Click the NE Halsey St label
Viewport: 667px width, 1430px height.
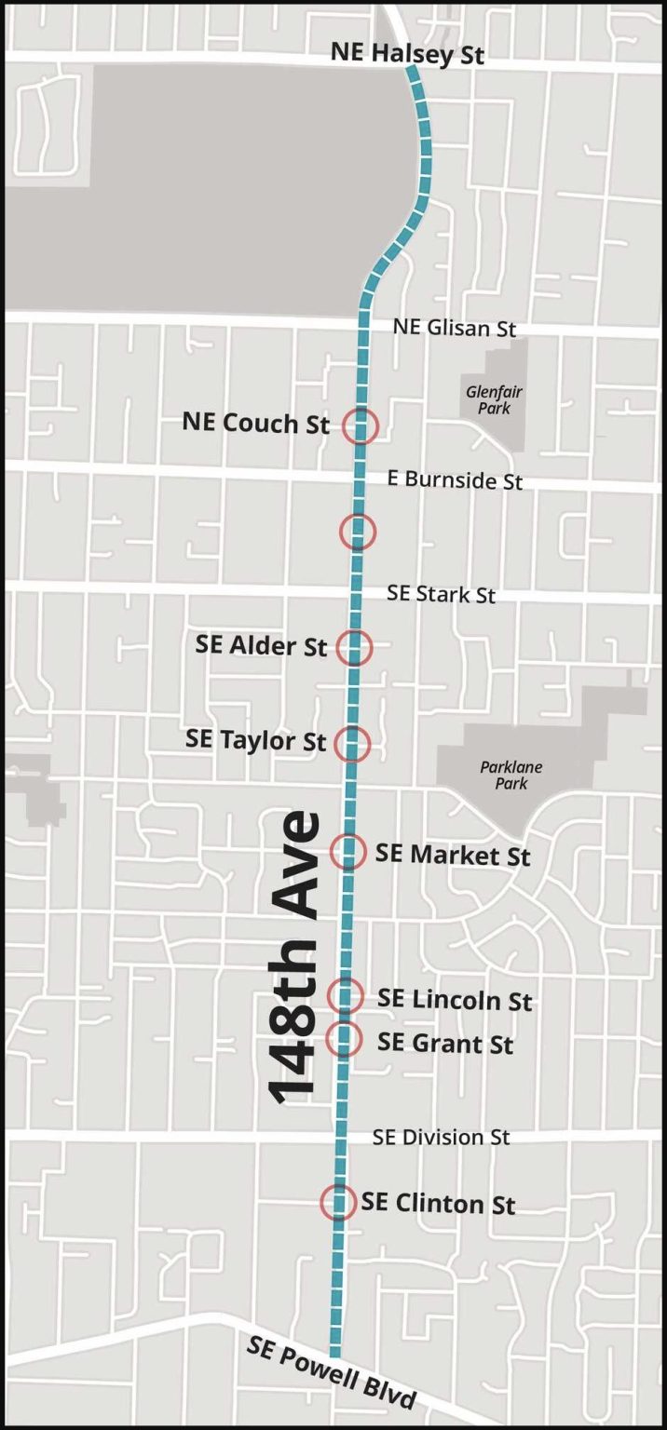pyautogui.click(x=407, y=54)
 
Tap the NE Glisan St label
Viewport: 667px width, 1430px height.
pyautogui.click(x=454, y=328)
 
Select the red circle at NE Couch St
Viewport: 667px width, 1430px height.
pyautogui.click(x=361, y=426)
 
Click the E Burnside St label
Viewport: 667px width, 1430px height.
pyautogui.click(x=455, y=480)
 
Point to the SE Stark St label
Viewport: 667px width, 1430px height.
pyautogui.click(x=441, y=594)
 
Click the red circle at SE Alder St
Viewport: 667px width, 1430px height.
pyautogui.click(x=354, y=647)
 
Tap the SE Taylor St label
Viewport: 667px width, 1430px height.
pyautogui.click(x=255, y=741)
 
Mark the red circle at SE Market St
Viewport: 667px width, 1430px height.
pyautogui.click(x=348, y=851)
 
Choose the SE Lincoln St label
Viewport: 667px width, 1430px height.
pyautogui.click(x=454, y=1000)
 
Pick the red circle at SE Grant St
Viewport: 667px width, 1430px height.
pyautogui.click(x=344, y=1038)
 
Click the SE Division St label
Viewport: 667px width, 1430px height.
pyautogui.click(x=441, y=1138)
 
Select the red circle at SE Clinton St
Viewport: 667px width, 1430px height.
pyautogui.click(x=338, y=1202)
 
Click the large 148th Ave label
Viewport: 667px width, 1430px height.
pyautogui.click(x=294, y=959)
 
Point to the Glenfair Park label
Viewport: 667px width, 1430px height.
pyautogui.click(x=489, y=400)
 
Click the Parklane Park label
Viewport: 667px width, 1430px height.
pyautogui.click(x=510, y=776)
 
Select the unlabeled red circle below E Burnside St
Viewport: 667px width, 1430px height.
pyautogui.click(x=358, y=532)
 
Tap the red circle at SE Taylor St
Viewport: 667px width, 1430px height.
pyautogui.click(x=352, y=743)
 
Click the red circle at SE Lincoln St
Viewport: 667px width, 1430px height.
pyautogui.click(x=346, y=995)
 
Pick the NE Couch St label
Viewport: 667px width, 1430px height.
pyautogui.click(x=255, y=424)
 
